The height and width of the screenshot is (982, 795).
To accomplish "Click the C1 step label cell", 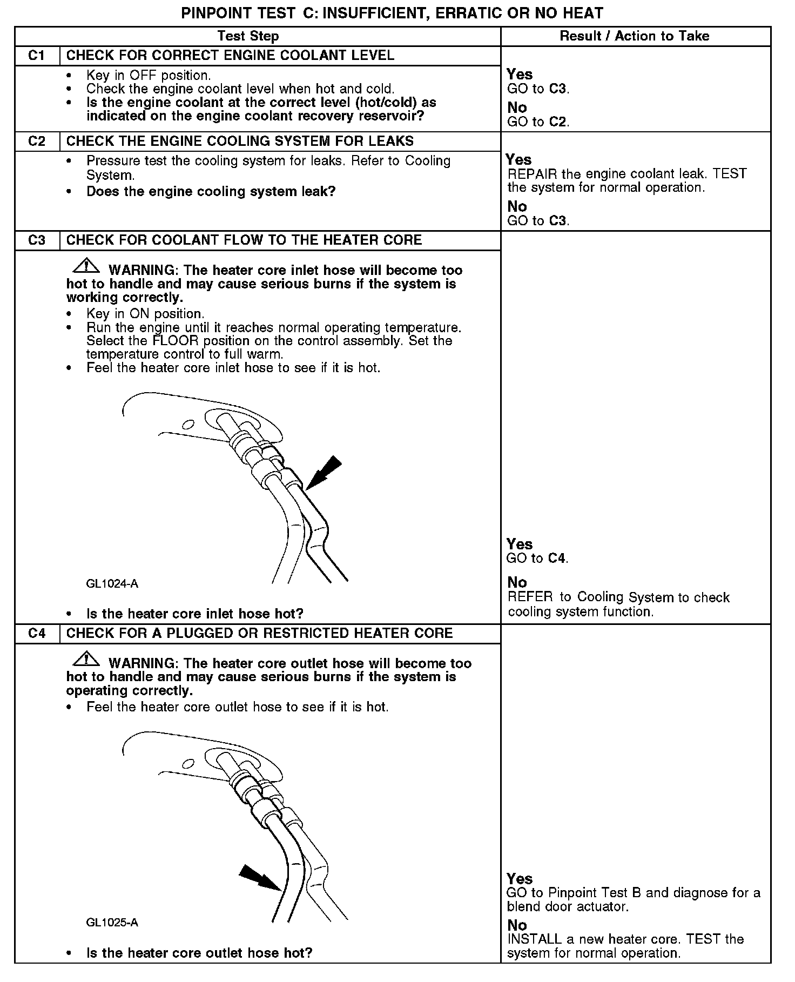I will click(37, 56).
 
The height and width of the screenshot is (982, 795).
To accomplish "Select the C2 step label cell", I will click(37, 142).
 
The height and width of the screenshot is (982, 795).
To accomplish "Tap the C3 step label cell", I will click(37, 240).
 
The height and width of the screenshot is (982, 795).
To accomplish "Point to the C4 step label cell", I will click(37, 634).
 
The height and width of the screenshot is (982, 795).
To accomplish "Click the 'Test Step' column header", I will click(248, 36).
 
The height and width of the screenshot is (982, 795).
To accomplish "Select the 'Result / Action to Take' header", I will click(635, 36).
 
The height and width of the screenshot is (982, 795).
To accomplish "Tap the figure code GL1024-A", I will click(112, 583).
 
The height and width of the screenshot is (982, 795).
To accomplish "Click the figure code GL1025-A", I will click(112, 923).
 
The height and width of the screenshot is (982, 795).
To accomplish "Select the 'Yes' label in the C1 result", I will click(520, 75).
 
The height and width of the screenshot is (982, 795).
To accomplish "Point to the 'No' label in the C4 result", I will click(517, 925).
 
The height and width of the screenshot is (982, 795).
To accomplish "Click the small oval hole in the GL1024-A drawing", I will click(188, 424).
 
